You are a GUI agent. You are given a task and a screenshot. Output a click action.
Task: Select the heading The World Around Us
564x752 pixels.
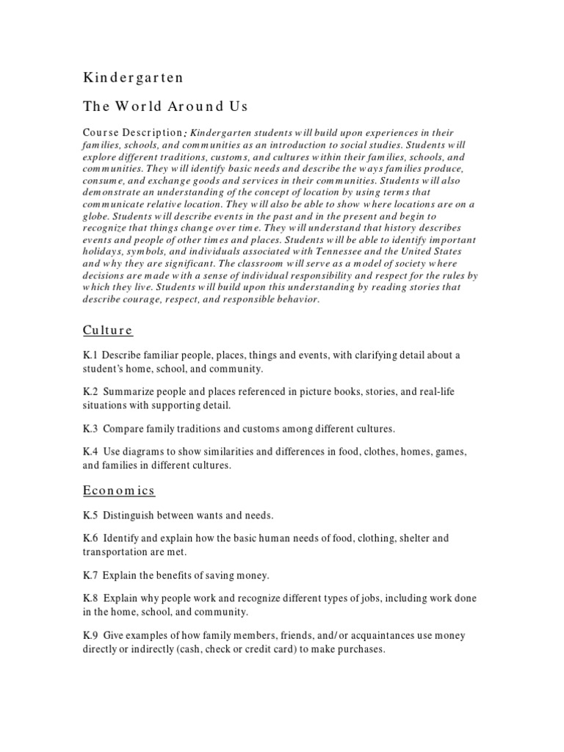[x=165, y=106]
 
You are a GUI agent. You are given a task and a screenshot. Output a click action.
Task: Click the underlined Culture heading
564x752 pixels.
[x=107, y=330]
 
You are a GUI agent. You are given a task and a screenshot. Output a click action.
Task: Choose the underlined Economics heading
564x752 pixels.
[x=118, y=490]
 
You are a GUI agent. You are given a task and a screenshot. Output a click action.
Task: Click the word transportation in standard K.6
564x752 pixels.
[x=116, y=551]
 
